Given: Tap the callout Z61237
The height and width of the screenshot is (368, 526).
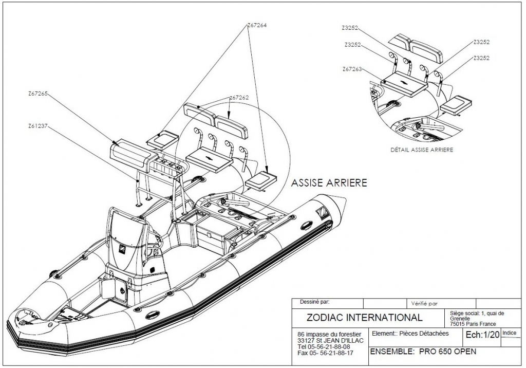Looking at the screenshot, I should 37,125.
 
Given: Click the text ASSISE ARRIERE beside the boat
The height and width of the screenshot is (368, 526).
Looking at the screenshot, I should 329,183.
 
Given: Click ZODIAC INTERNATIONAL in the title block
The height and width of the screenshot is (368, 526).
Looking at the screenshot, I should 364,317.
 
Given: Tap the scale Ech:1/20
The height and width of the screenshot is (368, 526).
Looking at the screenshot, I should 481,335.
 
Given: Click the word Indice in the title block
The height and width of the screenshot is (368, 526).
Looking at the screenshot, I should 510,333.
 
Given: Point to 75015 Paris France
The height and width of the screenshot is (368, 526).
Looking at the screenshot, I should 473,324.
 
